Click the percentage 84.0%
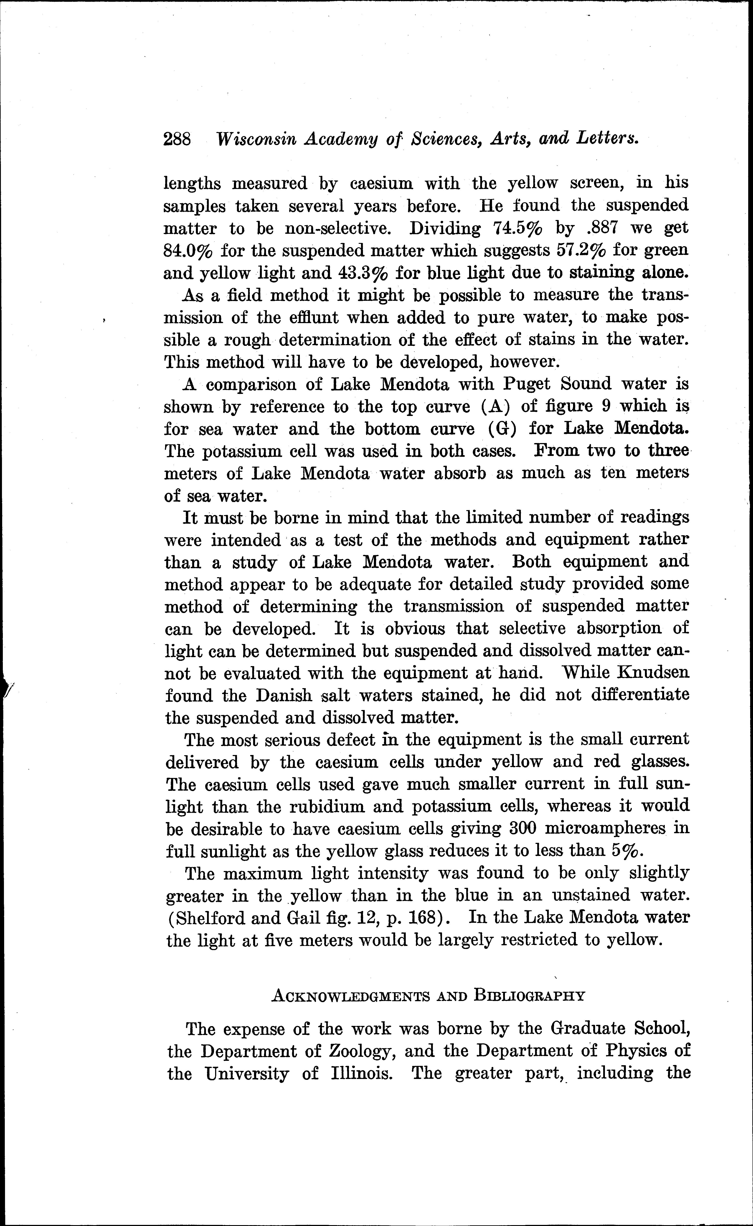click(x=188, y=250)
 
